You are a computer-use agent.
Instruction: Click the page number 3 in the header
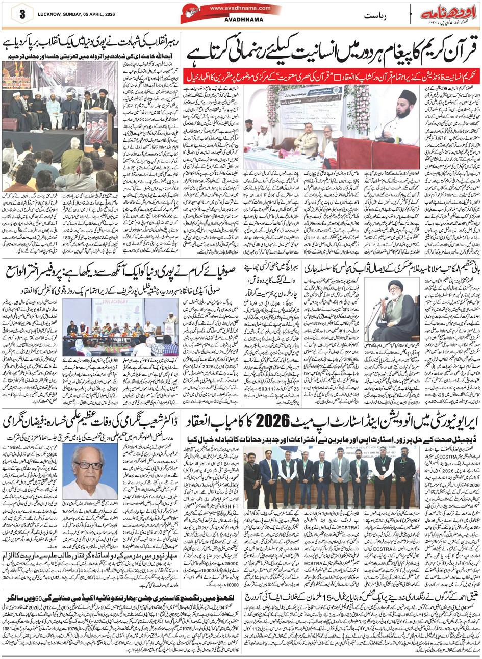point(22,14)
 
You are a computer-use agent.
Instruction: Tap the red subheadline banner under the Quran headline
point(332,74)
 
